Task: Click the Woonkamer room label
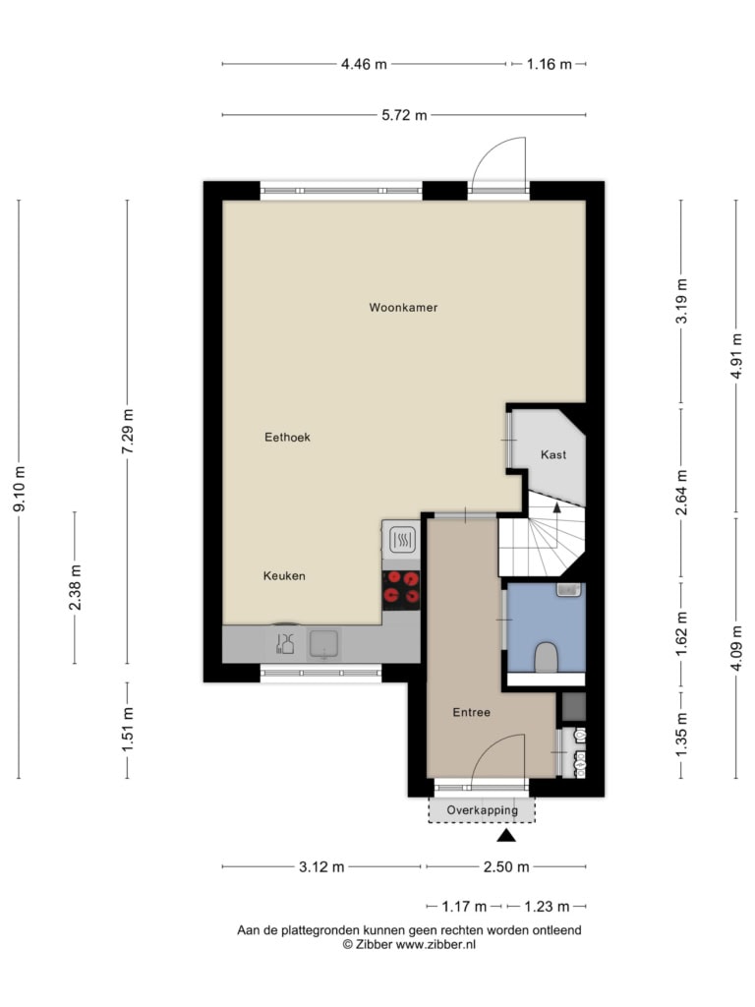tap(403, 308)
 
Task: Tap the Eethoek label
tap(287, 438)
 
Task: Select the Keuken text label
tap(284, 576)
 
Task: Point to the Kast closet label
tap(553, 454)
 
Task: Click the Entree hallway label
tap(471, 712)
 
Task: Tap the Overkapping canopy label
tap(482, 810)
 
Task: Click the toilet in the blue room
tap(546, 656)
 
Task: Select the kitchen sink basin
tap(324, 644)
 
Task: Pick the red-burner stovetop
tap(401, 589)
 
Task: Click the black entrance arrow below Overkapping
tap(506, 835)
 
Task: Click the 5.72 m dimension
tap(404, 116)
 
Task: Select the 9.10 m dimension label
tap(20, 490)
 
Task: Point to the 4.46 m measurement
tap(364, 64)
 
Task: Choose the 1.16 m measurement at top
tap(549, 64)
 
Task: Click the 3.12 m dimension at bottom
tap(321, 867)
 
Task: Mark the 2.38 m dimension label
tap(75, 588)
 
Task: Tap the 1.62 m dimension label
tap(681, 633)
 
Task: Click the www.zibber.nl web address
tap(436, 945)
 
